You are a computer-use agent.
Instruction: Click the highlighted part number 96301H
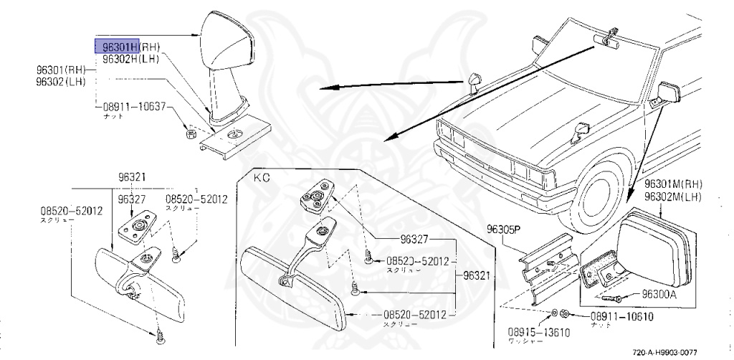pyautogui.click(x=119, y=47)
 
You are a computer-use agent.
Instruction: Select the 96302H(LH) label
pyautogui.click(x=130, y=59)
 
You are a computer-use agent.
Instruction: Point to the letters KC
pyautogui.click(x=262, y=176)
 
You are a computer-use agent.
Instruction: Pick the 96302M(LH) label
pyautogui.click(x=672, y=196)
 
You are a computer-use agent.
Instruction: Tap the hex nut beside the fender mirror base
pyautogui.click(x=191, y=133)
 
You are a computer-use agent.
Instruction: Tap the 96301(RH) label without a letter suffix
pyautogui.click(x=62, y=70)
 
